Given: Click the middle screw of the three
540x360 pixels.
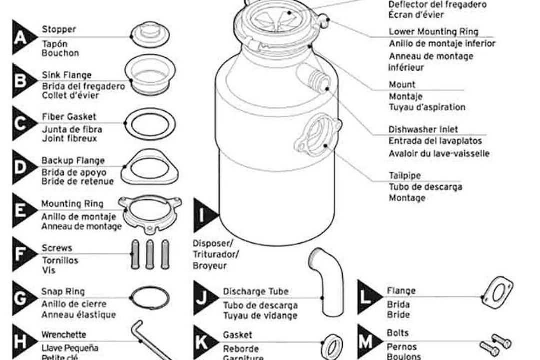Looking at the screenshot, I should pyautogui.click(x=149, y=254).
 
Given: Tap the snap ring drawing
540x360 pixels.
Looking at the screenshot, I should pyautogui.click(x=149, y=299).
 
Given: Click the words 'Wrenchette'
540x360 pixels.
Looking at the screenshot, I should pyautogui.click(x=64, y=334).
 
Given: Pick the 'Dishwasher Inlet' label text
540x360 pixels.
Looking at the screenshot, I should pyautogui.click(x=423, y=130).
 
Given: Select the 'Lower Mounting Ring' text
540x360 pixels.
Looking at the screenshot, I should pyautogui.click(x=433, y=32).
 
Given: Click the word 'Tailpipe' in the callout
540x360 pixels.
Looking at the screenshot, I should pyautogui.click(x=405, y=176).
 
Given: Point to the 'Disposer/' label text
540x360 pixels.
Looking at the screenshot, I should pyautogui.click(x=213, y=244).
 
